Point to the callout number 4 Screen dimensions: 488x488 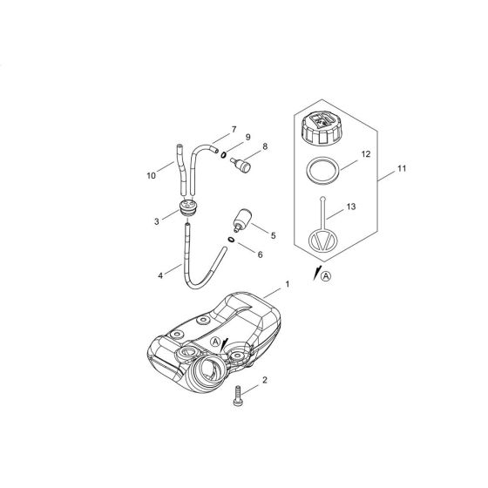coord(160,276)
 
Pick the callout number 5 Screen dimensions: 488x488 coord(273,234)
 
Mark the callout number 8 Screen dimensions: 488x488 coord(264,148)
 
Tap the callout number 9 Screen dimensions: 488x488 coord(247,138)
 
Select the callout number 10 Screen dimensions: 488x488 coord(152,174)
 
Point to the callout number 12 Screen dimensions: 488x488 coord(365,154)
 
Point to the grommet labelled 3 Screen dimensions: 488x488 coord(186,209)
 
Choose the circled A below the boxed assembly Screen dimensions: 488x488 coord(327,278)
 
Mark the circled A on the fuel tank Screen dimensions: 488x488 coord(215,342)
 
